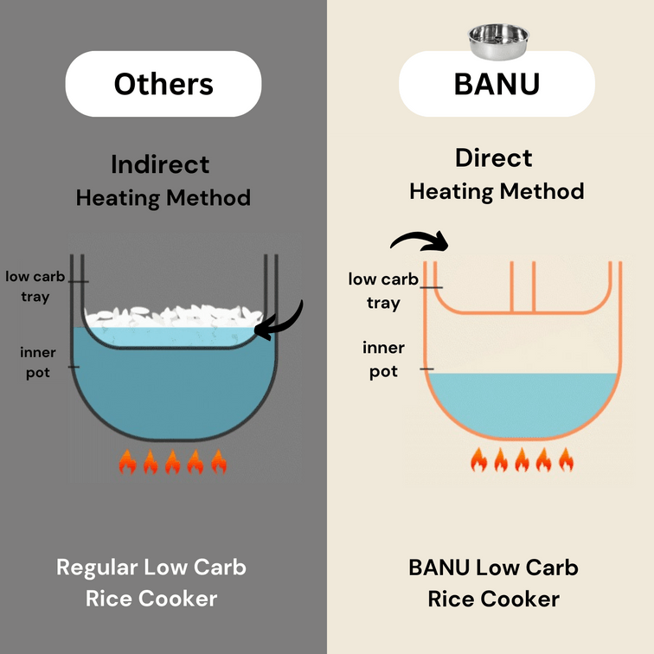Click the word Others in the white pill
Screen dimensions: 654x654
point(163,84)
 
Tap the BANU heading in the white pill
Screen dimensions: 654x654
point(497,84)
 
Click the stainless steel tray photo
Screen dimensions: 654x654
point(498,42)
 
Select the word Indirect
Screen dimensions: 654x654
point(160,164)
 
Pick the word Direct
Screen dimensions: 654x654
point(493,157)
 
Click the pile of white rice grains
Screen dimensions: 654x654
point(174,316)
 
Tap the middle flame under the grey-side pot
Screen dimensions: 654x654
point(173,462)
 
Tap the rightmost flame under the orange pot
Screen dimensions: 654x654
point(566,459)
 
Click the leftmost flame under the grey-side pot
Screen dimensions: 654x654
point(128,462)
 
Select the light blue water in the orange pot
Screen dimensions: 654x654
point(523,404)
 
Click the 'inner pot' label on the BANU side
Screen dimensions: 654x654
point(383,359)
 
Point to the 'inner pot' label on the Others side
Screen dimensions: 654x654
point(37,362)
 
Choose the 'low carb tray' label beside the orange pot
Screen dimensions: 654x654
point(383,291)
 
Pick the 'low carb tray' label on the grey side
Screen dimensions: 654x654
point(35,286)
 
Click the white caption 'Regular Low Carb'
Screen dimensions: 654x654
point(151,567)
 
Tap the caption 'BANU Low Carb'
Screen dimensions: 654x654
point(493,567)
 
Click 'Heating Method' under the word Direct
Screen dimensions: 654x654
point(497,192)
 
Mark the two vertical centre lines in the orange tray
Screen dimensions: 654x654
point(523,287)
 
